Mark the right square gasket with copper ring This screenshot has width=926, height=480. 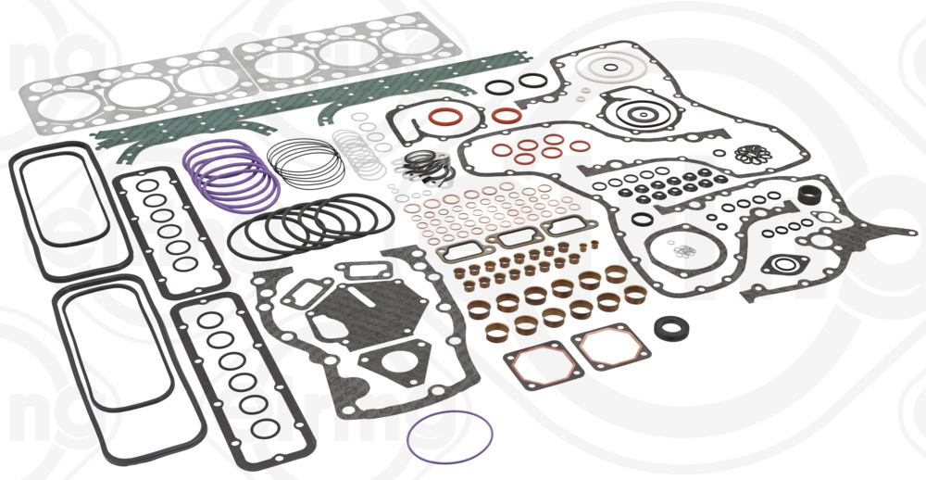[x=610, y=347]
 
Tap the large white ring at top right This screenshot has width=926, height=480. [x=608, y=70]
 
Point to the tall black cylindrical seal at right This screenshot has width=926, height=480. [x=811, y=197]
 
